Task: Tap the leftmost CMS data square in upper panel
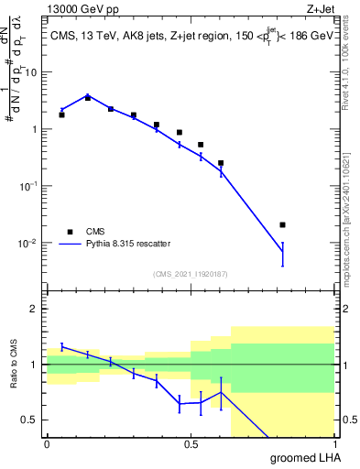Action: pyautogui.click(x=61, y=115)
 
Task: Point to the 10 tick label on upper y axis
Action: pyautogui.click(x=33, y=71)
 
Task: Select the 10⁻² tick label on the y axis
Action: pyautogui.click(x=30, y=243)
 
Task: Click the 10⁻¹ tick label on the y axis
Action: pyautogui.click(x=30, y=186)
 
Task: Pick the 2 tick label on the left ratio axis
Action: pyautogui.click(x=36, y=310)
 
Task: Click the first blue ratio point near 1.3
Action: pyautogui.click(x=61, y=346)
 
